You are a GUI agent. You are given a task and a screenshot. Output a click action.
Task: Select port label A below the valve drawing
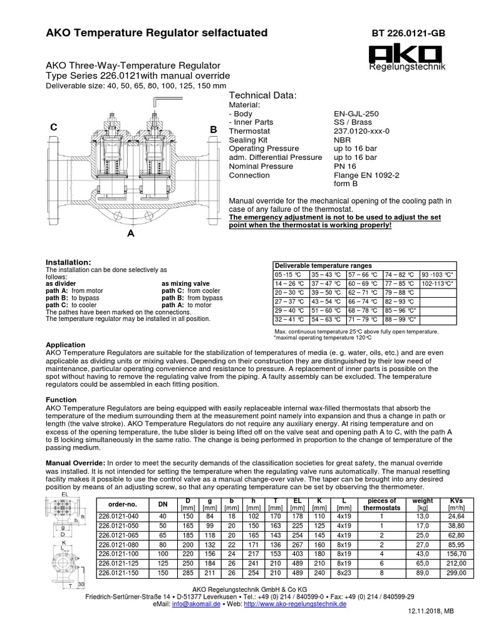131,233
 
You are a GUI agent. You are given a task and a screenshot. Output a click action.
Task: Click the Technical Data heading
263,95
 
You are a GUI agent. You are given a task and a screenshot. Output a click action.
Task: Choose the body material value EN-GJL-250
356,113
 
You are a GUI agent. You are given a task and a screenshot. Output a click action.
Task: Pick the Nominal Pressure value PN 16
344,166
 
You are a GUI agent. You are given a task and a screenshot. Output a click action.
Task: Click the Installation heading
69,261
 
